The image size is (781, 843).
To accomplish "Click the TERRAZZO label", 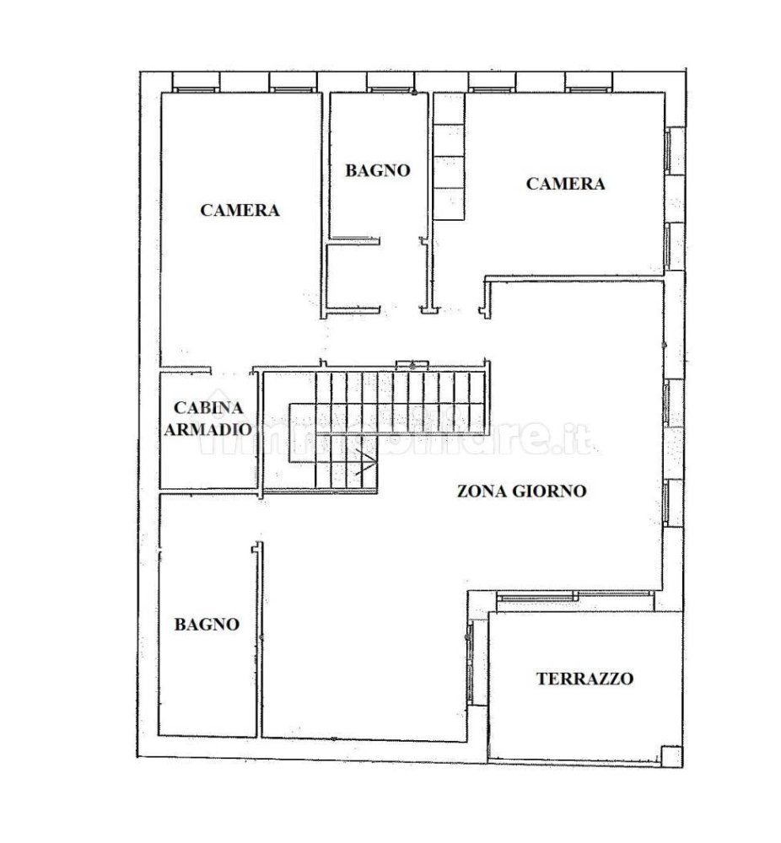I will pyautogui.click(x=584, y=678).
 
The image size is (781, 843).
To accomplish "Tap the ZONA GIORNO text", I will pyautogui.click(x=521, y=491).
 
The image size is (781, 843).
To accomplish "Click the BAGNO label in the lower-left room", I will pyautogui.click(x=207, y=625).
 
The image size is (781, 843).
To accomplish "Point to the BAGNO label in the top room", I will pyautogui.click(x=378, y=170).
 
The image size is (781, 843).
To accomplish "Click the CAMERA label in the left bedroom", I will pyautogui.click(x=240, y=210).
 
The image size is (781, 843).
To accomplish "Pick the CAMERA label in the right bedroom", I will pyautogui.click(x=565, y=183).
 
